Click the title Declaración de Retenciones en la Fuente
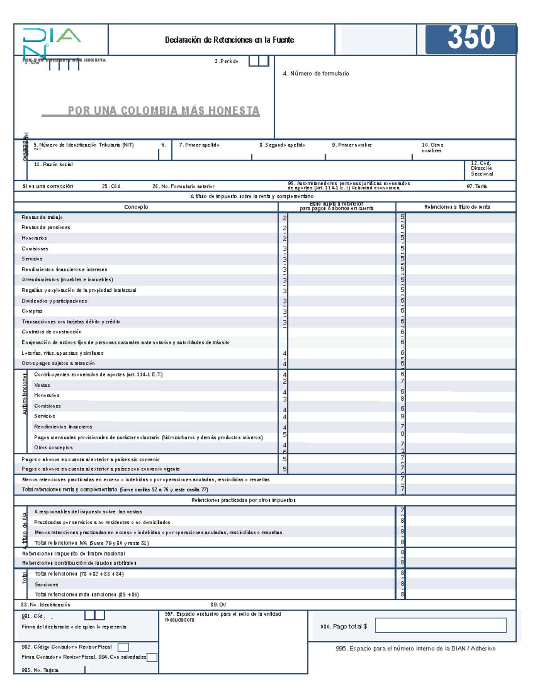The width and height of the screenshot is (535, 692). click(x=229, y=40)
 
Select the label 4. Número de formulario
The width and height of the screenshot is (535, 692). click(x=316, y=74)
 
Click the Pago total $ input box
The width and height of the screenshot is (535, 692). click(x=440, y=625)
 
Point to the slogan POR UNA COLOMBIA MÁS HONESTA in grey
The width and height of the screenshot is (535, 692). click(x=163, y=111)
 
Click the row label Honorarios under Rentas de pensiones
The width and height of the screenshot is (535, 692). click(x=34, y=238)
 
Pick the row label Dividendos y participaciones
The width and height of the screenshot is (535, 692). click(x=54, y=301)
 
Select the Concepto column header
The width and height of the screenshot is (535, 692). click(x=136, y=207)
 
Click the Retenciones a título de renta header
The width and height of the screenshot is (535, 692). click(x=457, y=207)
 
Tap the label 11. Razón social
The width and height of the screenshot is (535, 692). click(x=53, y=164)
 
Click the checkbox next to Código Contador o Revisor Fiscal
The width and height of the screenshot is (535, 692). click(x=123, y=647)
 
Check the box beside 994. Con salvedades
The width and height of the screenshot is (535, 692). click(x=152, y=657)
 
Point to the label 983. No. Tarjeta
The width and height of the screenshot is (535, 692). click(x=40, y=670)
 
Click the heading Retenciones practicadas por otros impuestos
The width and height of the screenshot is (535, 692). click(x=243, y=500)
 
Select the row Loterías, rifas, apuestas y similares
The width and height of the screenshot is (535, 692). click(x=62, y=353)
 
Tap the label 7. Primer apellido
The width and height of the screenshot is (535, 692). click(x=199, y=145)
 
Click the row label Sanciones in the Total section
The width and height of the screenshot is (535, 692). click(x=46, y=584)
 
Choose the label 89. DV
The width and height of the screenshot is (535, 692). click(x=218, y=605)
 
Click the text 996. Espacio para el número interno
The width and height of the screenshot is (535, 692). click(x=415, y=648)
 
